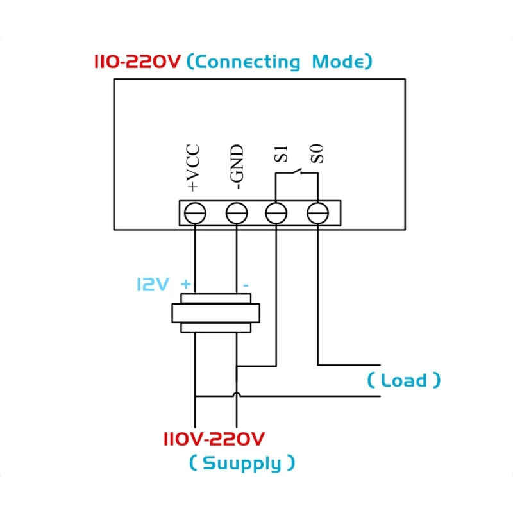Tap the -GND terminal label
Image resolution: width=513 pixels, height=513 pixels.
tap(237, 168)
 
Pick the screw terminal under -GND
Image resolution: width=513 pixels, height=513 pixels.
tap(237, 213)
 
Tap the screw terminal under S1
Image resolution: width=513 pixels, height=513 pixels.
tap(276, 213)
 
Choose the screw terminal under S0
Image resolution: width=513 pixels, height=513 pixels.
tap(317, 213)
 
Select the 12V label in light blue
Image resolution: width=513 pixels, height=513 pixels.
tap(152, 285)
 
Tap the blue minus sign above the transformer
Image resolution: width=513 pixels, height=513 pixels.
tap(246, 285)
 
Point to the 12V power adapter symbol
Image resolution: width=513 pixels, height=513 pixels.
tap(215, 313)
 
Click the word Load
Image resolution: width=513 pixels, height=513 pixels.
tap(404, 380)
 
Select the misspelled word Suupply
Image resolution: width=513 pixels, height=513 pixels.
tap(242, 463)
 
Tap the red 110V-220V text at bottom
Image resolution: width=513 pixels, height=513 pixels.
tap(214, 440)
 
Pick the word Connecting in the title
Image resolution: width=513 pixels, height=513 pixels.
tap(247, 63)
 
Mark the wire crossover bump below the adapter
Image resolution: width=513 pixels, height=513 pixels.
tap(237, 396)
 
